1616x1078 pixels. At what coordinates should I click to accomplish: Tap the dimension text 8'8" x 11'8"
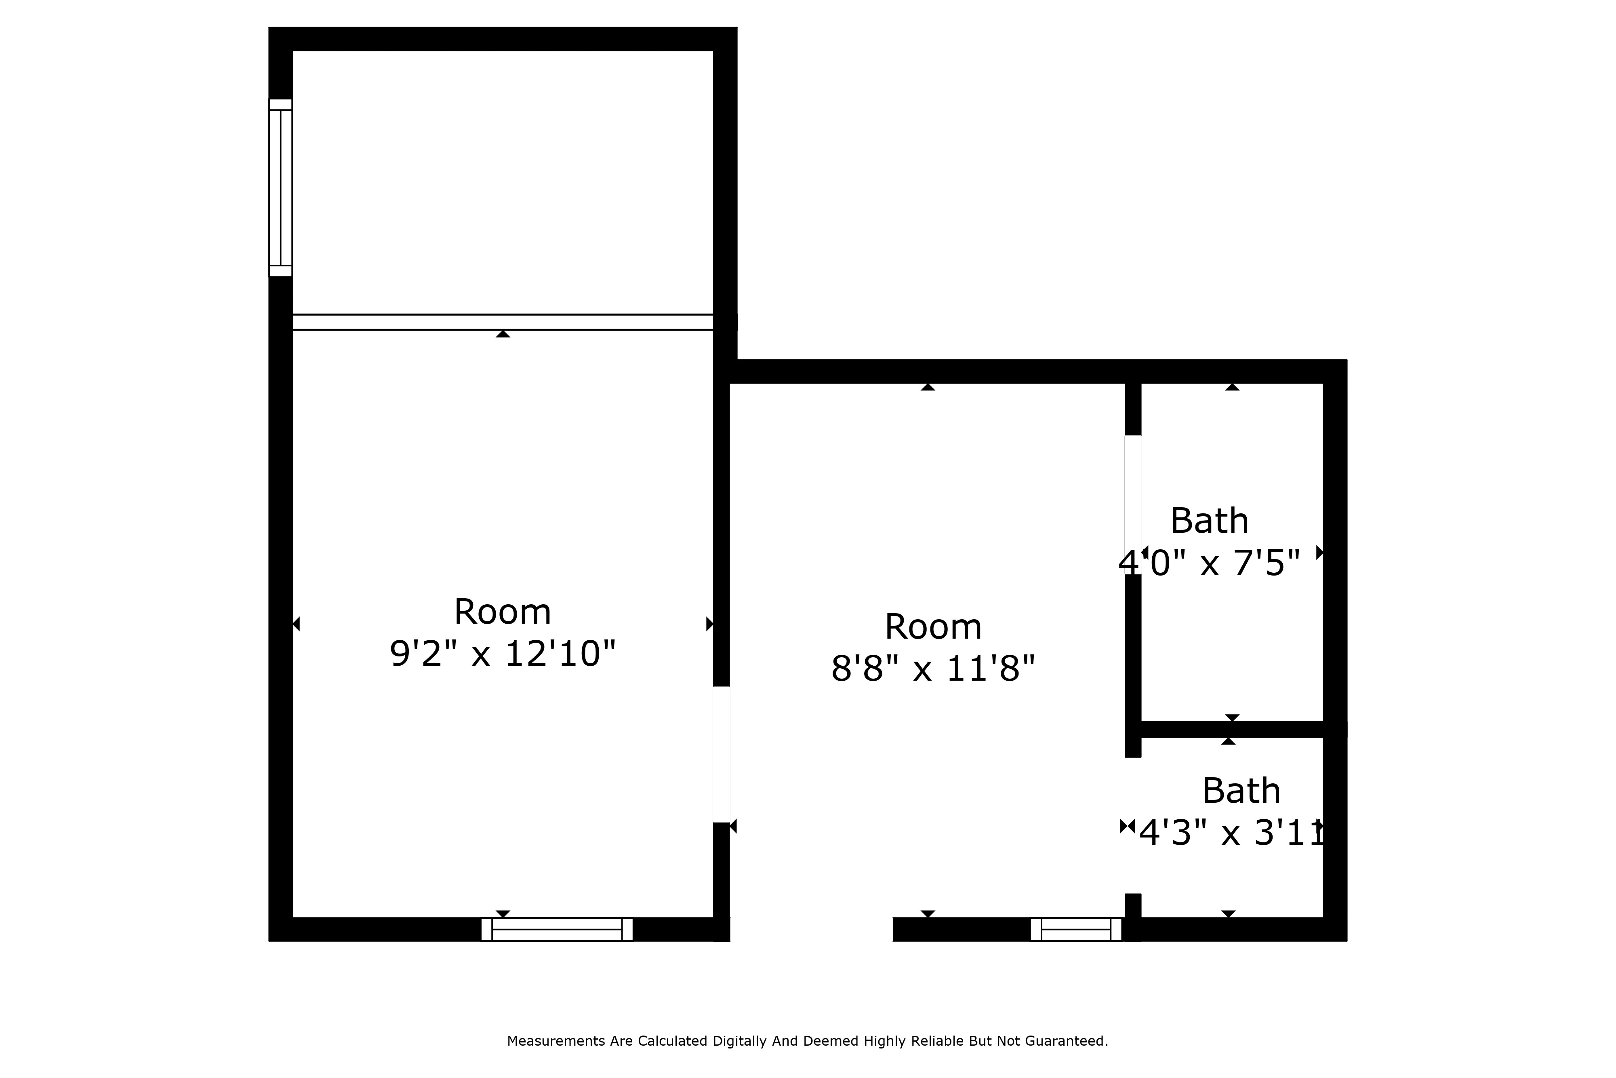click(932, 668)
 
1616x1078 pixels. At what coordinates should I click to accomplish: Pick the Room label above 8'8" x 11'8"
click(932, 627)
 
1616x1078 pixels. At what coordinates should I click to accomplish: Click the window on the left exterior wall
click(280, 188)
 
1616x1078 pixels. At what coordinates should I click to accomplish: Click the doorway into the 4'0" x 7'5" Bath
click(1132, 504)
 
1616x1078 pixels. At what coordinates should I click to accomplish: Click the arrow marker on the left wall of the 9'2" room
click(296, 624)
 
